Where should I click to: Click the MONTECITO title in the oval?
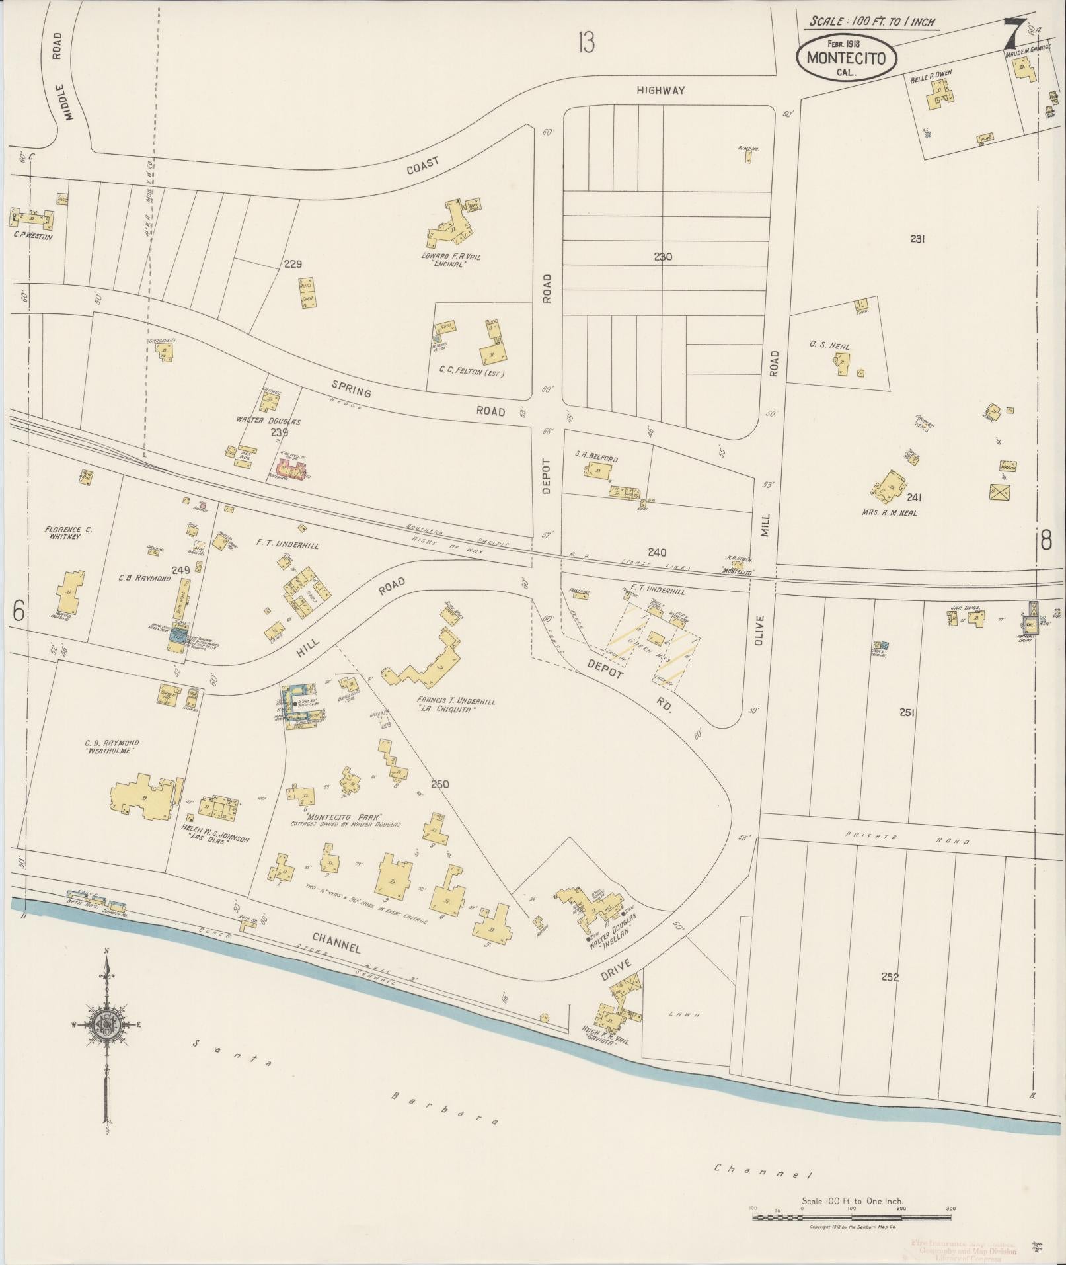(x=846, y=58)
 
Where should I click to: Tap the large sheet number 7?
(x=1013, y=31)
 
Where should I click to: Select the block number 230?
(x=662, y=257)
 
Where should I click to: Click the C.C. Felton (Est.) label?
(x=471, y=373)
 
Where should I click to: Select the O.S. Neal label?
(x=829, y=347)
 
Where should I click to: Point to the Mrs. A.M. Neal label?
(x=889, y=512)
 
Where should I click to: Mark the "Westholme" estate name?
(x=110, y=752)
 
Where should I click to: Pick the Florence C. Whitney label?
(x=68, y=533)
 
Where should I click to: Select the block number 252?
(x=890, y=977)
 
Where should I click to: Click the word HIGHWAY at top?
(x=661, y=90)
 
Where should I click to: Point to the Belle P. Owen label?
(x=931, y=77)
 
